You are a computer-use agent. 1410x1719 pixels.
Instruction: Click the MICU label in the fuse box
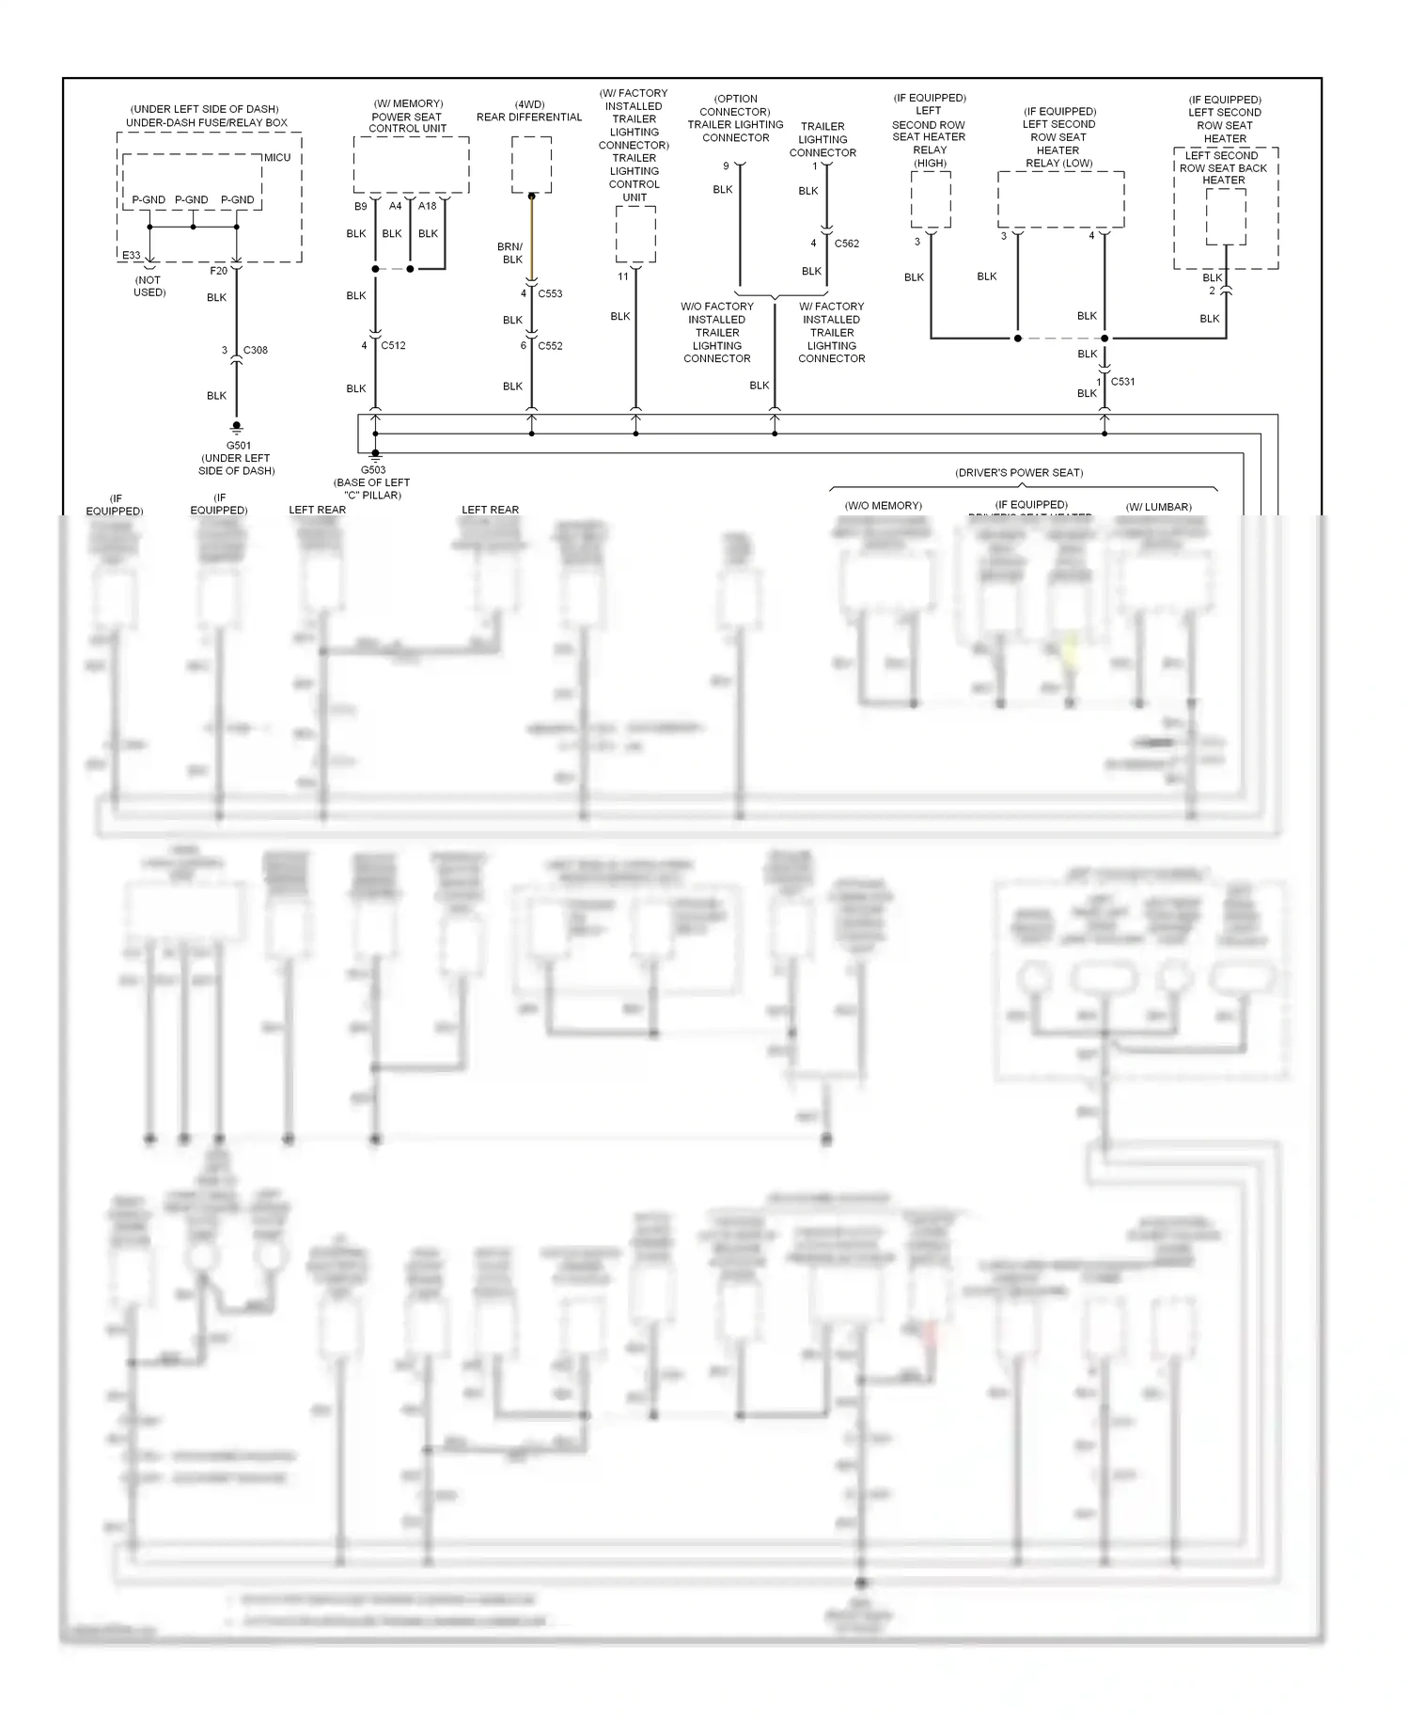coord(276,157)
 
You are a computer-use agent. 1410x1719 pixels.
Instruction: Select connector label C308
coord(255,350)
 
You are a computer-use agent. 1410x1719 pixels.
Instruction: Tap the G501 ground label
coord(238,446)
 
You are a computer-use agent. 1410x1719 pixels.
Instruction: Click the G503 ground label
coord(373,470)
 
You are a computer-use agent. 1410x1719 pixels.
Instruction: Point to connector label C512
coord(393,345)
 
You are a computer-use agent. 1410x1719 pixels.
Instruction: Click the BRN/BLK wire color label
coord(510,253)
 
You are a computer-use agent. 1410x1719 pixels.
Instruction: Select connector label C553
coord(550,293)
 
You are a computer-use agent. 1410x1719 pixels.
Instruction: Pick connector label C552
coord(550,345)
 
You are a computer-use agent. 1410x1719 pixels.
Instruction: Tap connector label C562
coord(846,244)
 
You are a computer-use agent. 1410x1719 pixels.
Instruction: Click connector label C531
coord(1122,382)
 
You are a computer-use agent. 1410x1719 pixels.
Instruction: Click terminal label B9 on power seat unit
coord(361,206)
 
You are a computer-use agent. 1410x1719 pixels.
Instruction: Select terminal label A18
coord(428,206)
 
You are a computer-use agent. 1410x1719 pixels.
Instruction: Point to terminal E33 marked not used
coord(131,255)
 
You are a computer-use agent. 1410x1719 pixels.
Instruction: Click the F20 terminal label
coord(218,271)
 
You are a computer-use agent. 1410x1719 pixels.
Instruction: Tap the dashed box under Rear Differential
coord(531,165)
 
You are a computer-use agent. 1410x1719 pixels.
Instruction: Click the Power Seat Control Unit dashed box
coord(411,165)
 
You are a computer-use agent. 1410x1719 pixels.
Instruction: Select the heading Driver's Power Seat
coord(1019,472)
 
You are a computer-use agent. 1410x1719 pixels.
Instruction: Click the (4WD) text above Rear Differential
coord(529,104)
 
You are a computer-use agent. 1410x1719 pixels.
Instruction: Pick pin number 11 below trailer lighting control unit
coord(623,276)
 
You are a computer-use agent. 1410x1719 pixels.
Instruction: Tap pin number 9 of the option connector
coord(726,166)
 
